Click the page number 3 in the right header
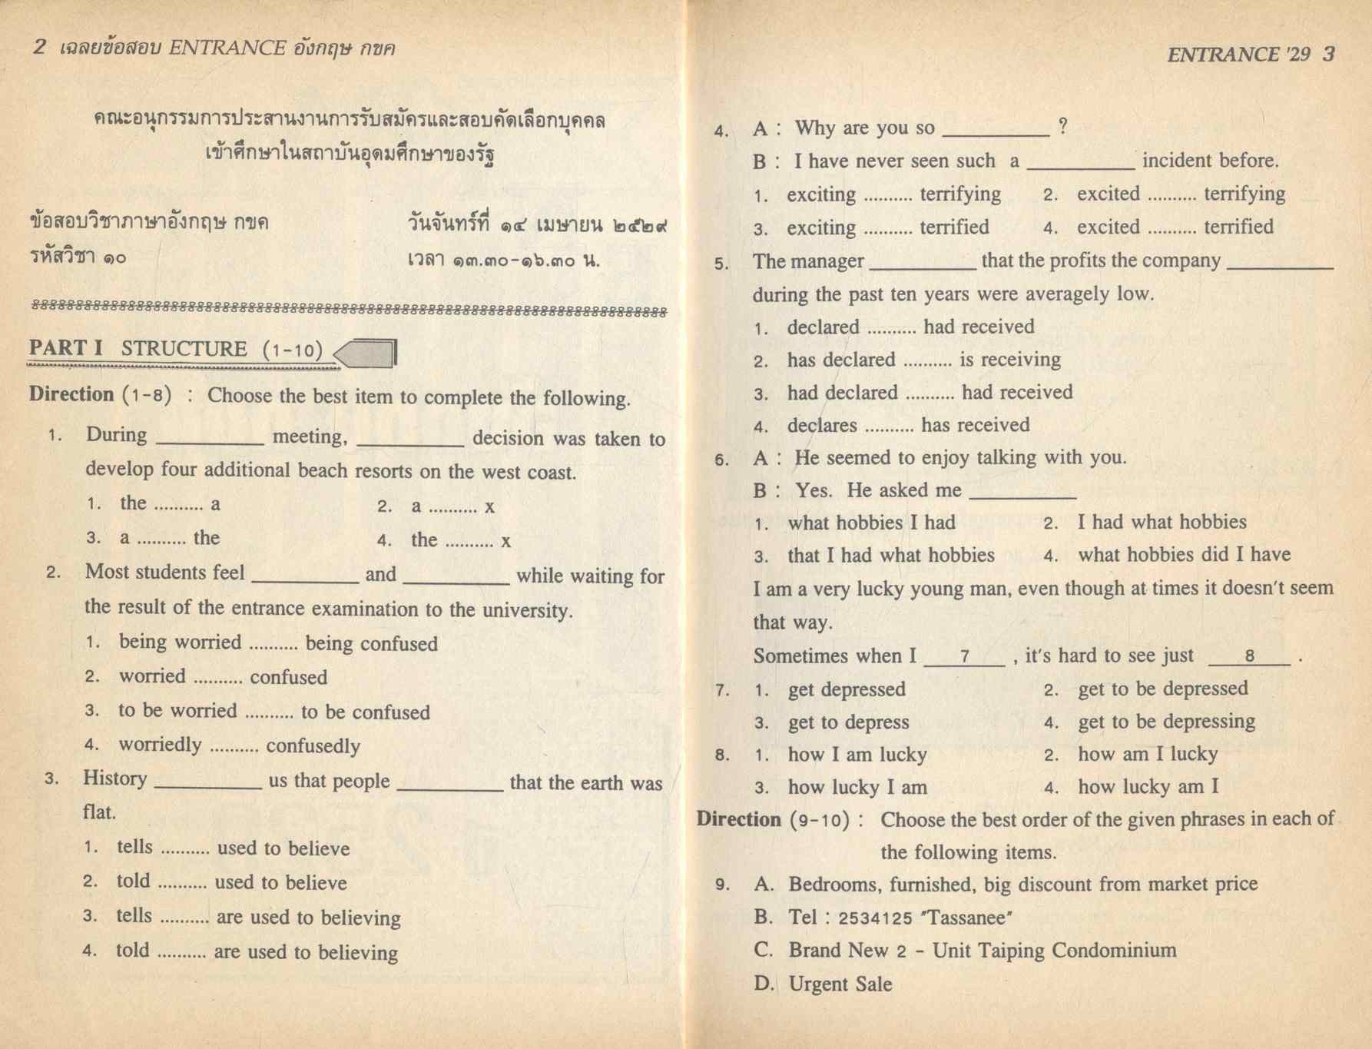pos(1329,54)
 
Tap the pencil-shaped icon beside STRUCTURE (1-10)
pos(367,354)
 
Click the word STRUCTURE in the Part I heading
pos(184,349)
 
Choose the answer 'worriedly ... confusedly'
pos(239,745)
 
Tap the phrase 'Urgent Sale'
pos(840,984)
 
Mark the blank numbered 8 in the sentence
pos(1249,656)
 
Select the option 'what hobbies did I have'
pos(1184,555)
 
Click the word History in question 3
pos(115,778)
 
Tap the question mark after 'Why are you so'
pos(1062,127)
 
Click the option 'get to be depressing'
pos(1166,722)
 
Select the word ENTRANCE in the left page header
pos(227,48)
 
